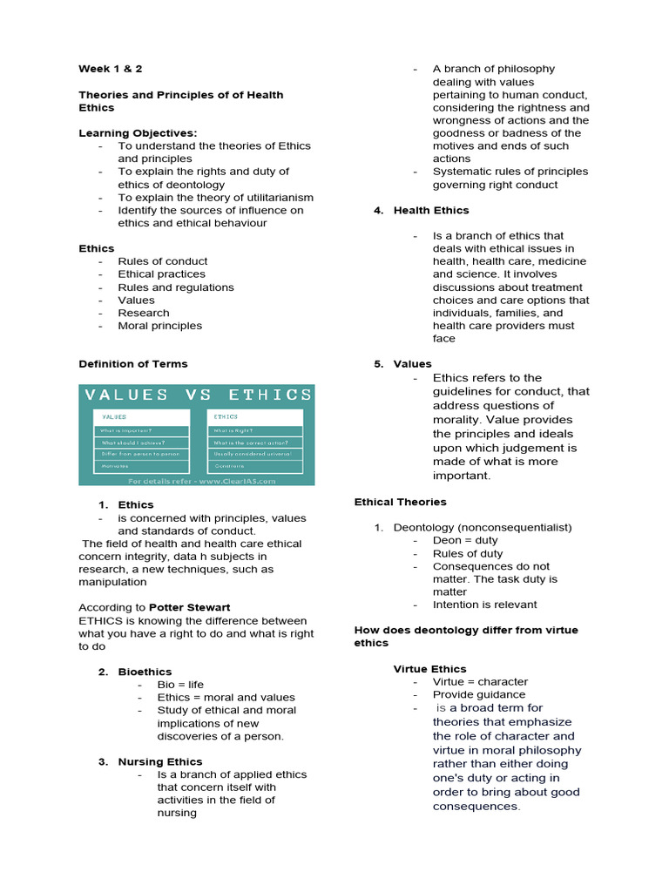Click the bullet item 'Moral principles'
159,325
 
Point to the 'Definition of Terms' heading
132,363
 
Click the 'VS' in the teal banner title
199,395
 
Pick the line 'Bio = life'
180,685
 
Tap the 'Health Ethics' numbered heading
430,210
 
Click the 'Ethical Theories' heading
400,502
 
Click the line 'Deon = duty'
465,540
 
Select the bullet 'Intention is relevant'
484,605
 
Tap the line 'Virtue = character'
480,681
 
